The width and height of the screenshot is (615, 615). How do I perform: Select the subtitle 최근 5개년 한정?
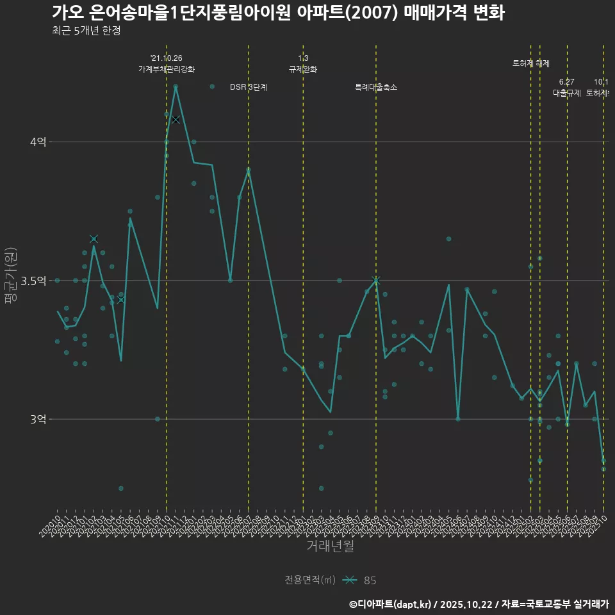click(x=86, y=31)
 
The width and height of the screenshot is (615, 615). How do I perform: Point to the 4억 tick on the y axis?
click(x=38, y=142)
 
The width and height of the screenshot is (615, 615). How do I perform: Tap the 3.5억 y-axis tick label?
click(x=35, y=281)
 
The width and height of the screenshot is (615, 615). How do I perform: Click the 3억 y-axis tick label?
click(x=38, y=419)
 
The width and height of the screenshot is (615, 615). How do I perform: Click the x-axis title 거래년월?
click(x=330, y=546)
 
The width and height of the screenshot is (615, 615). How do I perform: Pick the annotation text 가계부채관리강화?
click(x=167, y=69)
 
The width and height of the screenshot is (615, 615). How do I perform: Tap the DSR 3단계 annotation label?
click(x=249, y=87)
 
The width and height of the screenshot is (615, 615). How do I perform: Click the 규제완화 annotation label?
click(x=303, y=69)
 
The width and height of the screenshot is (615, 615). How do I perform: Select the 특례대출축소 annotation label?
click(x=376, y=87)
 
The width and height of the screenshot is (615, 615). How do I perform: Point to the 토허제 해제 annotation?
click(x=531, y=63)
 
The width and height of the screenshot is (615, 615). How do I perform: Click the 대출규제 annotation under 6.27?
click(x=567, y=92)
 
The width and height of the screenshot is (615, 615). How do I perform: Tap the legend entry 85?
click(x=370, y=580)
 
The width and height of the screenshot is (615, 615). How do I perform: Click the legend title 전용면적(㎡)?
click(x=310, y=580)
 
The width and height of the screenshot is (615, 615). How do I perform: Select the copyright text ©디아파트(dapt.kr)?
click(x=391, y=604)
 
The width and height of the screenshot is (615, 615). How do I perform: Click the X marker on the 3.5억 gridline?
click(x=376, y=280)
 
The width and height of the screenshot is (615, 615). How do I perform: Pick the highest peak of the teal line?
click(x=176, y=86)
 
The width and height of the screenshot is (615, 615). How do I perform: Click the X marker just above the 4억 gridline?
click(x=176, y=120)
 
